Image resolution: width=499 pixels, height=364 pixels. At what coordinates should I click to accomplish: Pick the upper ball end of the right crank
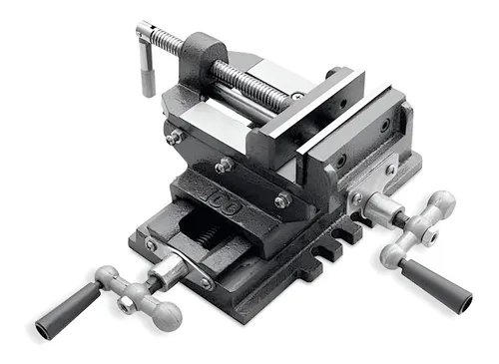(x=440, y=203)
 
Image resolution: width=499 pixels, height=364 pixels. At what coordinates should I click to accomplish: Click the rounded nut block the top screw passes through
(x=201, y=54)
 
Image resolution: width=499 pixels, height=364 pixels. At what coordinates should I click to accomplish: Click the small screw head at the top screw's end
(x=297, y=97)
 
